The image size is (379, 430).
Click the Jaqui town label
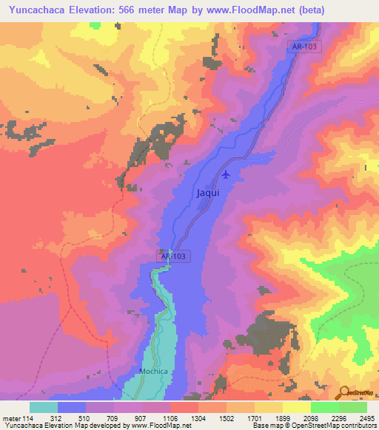(208, 192)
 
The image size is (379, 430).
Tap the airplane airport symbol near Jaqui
(226, 175)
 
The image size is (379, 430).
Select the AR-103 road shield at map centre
(174, 256)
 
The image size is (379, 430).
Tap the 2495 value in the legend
(368, 418)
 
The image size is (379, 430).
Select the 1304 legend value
(198, 418)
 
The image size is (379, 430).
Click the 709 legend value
(114, 418)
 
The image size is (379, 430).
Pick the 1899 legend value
(282, 418)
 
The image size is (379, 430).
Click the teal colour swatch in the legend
(44, 407)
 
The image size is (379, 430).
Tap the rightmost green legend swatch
(352, 407)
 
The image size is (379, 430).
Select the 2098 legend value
(310, 418)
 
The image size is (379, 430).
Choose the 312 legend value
(58, 418)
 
